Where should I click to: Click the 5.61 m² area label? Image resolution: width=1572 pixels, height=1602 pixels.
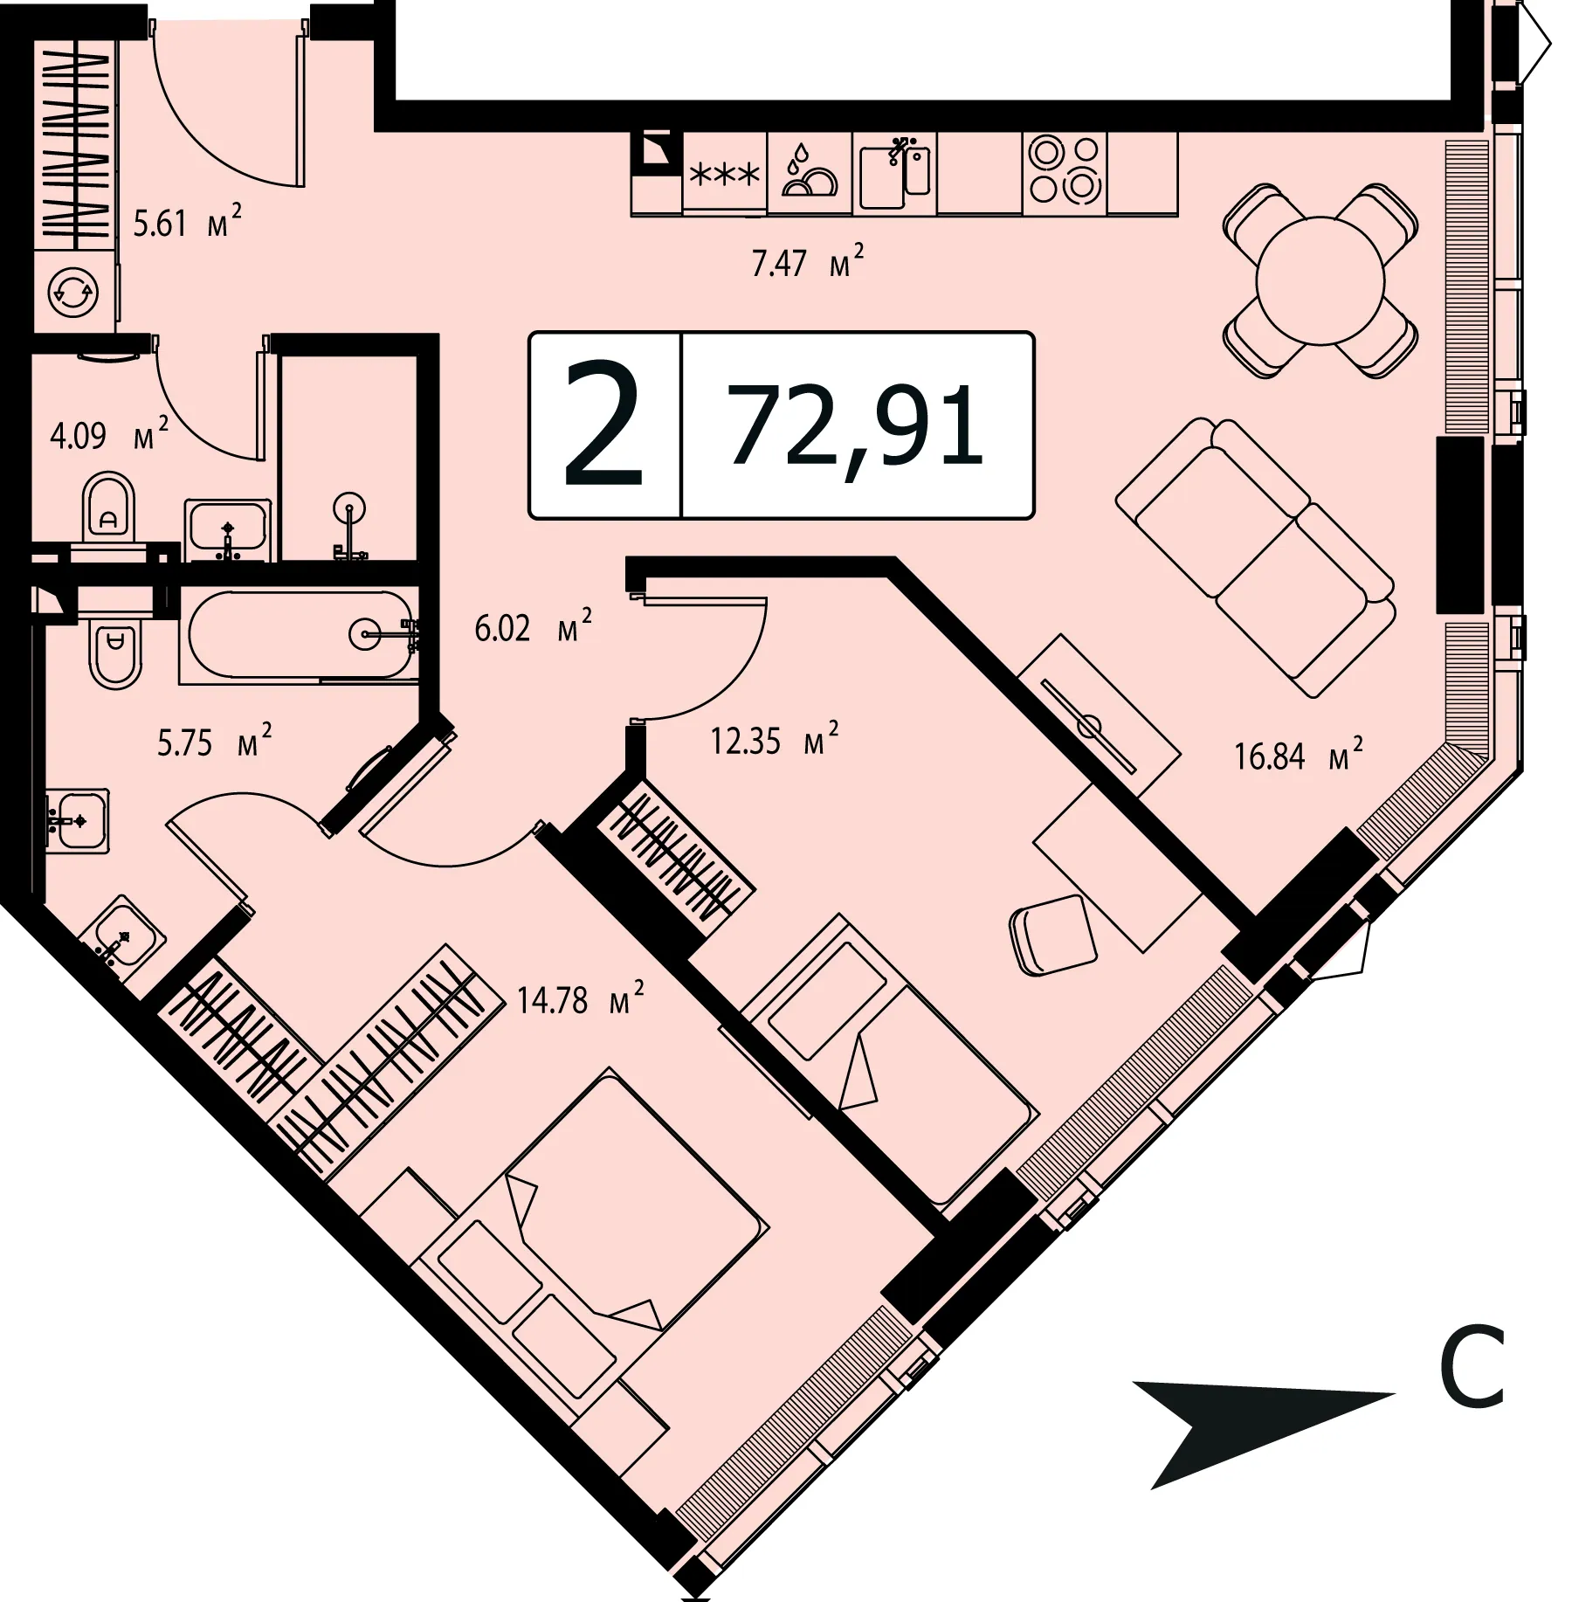point(187,222)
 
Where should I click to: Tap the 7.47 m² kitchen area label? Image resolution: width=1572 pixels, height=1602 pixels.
point(808,260)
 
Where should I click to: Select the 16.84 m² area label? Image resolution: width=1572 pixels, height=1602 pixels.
point(1299,755)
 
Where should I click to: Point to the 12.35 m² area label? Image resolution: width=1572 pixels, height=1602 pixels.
point(775,740)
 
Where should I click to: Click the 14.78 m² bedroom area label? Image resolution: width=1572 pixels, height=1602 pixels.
point(580,998)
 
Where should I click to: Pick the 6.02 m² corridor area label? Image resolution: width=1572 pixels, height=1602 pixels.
point(533,626)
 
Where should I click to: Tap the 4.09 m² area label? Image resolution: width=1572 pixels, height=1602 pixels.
point(109,434)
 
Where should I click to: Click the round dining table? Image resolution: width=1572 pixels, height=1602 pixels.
point(1320,281)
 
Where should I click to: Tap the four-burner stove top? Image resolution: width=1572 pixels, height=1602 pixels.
point(1065,171)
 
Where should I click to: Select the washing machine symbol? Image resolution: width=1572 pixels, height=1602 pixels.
point(73,293)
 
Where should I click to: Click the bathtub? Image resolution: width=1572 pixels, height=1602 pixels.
point(299,635)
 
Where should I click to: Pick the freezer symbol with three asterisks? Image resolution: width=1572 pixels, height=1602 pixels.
point(724,174)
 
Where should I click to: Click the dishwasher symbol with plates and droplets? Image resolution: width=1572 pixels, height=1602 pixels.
point(809,172)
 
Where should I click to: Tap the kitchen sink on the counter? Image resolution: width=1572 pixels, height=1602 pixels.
point(894,173)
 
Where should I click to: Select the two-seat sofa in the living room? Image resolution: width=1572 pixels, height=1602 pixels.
point(1255,556)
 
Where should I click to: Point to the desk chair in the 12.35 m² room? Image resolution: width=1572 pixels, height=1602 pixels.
point(1052,935)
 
